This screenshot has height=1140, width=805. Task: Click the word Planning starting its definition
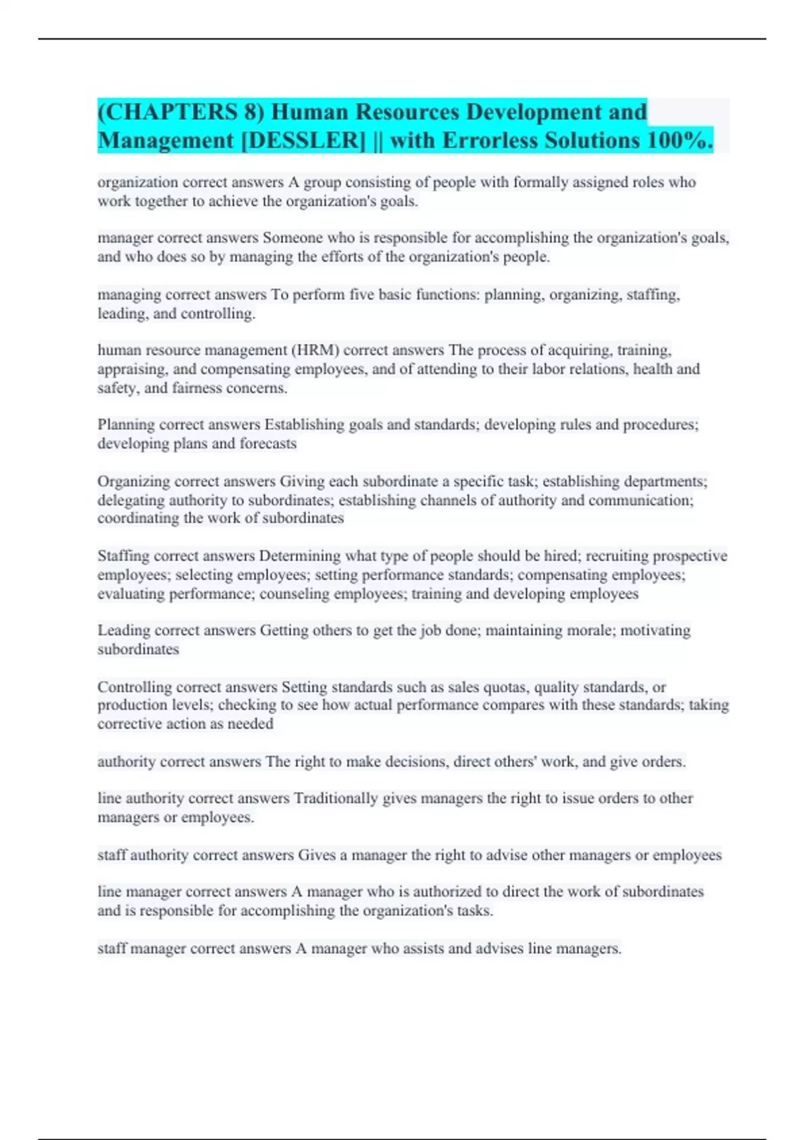[125, 424]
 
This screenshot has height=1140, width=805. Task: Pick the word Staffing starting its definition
[123, 556]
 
